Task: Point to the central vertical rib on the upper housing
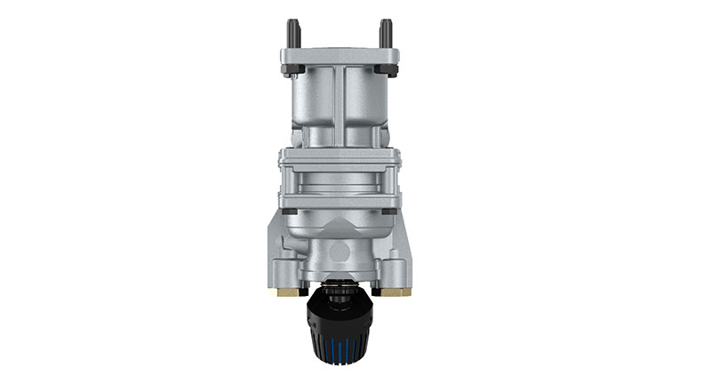(338, 107)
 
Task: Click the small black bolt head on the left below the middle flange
(291, 211)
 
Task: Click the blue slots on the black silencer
(338, 342)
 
